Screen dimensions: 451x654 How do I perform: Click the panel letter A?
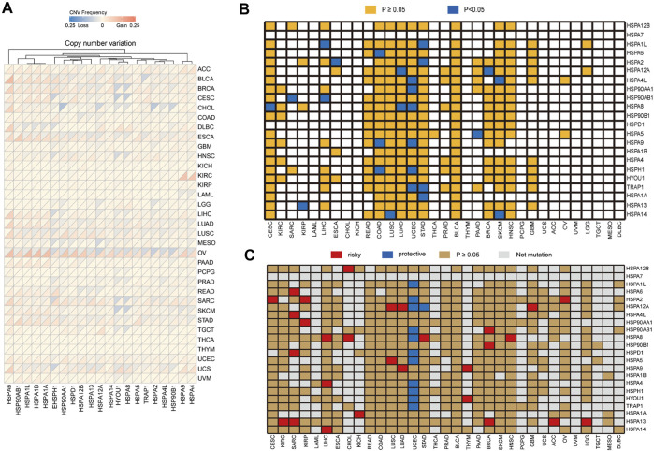point(7,8)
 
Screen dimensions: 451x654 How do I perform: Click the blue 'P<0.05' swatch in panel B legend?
point(486,10)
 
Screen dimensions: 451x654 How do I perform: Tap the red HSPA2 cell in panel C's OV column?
point(564,299)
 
